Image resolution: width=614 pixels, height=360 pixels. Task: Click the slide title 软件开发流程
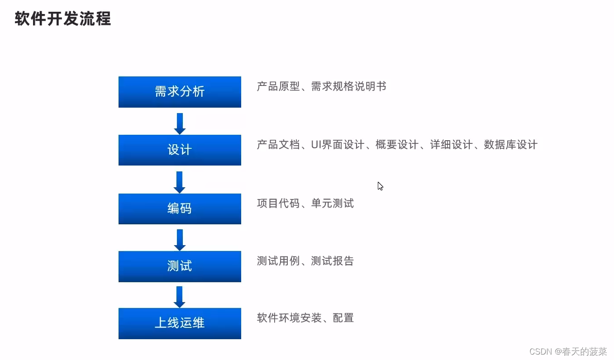(63, 19)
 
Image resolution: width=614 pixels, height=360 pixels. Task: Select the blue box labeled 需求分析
(180, 92)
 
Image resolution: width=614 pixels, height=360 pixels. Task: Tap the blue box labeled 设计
(180, 150)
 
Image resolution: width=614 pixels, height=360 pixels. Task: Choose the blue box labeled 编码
(180, 208)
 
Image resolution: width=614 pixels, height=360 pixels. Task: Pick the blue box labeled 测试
(180, 266)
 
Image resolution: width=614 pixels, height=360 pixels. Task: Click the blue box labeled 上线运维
(180, 323)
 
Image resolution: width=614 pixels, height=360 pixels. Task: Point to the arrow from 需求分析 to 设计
(180, 123)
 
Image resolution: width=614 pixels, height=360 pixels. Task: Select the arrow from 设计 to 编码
(180, 181)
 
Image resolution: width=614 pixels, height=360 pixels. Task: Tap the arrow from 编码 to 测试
(180, 239)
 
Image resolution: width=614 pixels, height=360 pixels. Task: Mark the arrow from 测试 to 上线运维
(180, 297)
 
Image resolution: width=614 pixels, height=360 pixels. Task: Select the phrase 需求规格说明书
(348, 86)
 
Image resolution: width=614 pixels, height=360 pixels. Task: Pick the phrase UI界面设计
(338, 145)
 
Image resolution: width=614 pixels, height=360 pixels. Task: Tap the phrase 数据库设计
(510, 145)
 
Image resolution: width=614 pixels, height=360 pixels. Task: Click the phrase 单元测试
(332, 204)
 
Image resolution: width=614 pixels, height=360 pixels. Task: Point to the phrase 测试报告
(332, 261)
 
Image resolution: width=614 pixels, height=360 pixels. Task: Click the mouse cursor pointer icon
(380, 186)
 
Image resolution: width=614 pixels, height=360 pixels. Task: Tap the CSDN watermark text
(568, 351)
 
